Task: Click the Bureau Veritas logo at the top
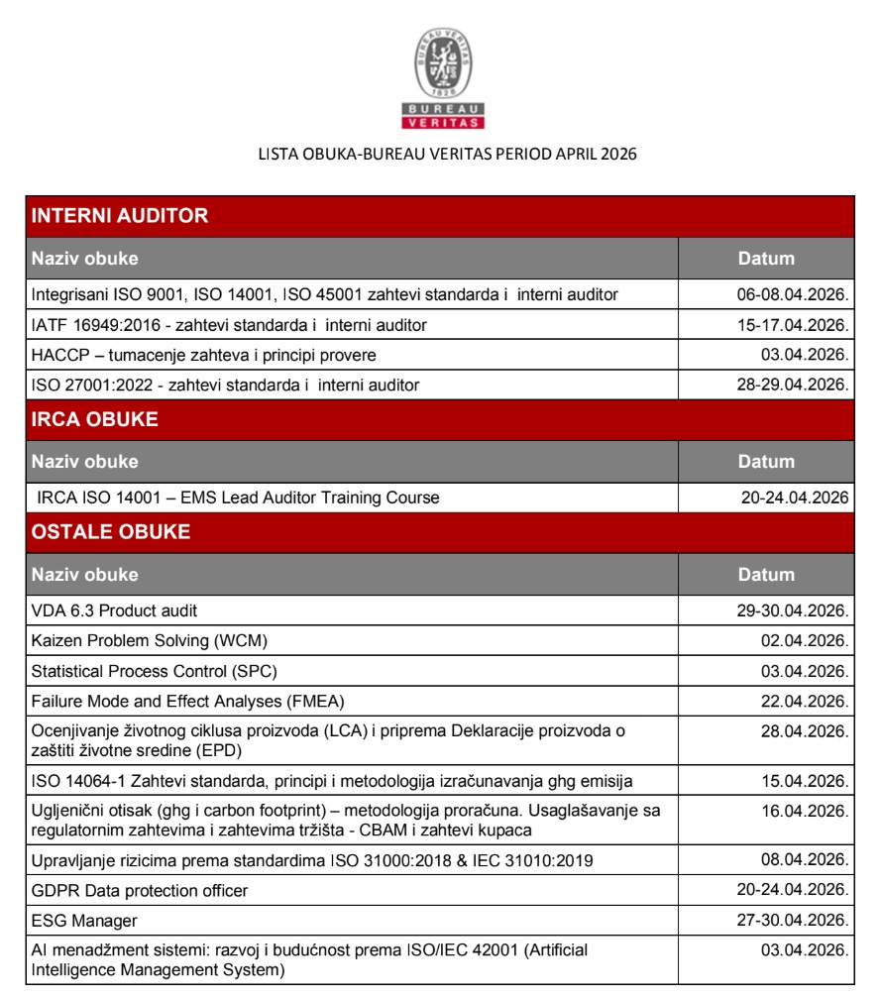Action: click(443, 80)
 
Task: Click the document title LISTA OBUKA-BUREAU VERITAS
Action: click(446, 155)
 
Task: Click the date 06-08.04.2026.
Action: click(789, 294)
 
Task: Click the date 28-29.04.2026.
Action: click(789, 384)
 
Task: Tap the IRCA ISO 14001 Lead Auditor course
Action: click(238, 498)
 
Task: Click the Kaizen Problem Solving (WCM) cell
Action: click(150, 640)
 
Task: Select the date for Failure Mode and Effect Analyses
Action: click(804, 702)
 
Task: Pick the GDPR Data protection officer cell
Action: click(140, 890)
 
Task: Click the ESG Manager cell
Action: click(78, 921)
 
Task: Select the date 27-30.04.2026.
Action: click(789, 921)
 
